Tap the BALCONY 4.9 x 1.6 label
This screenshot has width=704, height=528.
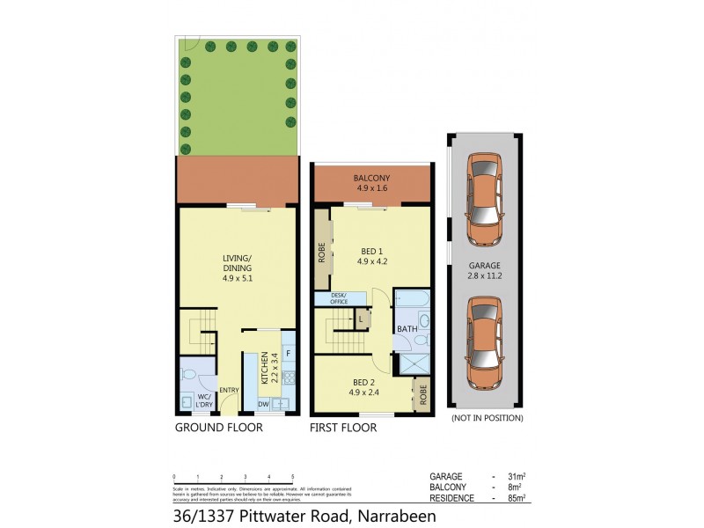tap(371, 183)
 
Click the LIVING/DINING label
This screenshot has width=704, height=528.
tap(238, 263)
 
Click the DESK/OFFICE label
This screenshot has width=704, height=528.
tap(339, 297)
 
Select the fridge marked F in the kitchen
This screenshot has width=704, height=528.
tap(289, 354)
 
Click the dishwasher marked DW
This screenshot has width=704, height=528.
tap(263, 404)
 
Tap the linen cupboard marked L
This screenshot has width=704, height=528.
tap(362, 319)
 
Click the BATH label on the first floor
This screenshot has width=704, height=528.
tap(407, 329)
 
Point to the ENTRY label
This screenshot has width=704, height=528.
tap(229, 390)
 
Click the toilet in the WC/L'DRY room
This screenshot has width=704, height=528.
tap(187, 374)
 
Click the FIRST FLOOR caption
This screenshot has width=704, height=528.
tap(343, 428)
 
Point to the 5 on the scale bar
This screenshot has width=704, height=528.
tap(292, 476)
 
